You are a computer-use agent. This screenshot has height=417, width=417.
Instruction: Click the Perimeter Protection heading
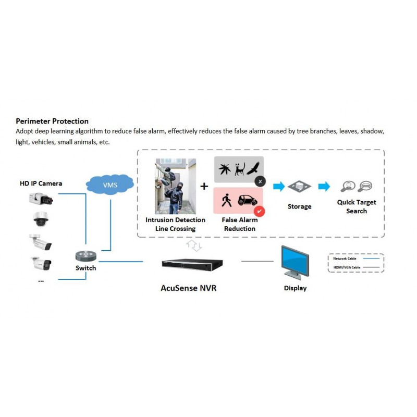(52, 121)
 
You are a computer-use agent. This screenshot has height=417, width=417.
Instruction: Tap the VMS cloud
(109, 186)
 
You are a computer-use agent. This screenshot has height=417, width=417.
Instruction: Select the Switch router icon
(85, 256)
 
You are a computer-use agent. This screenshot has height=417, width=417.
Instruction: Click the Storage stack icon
(299, 187)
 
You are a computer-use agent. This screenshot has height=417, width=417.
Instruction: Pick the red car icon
(248, 200)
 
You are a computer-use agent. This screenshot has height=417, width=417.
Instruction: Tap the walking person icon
(226, 200)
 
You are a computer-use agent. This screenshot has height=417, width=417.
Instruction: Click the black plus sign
(204, 186)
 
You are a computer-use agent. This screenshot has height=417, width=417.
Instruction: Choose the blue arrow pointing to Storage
(279, 186)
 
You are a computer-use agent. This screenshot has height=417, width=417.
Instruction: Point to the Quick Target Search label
(357, 206)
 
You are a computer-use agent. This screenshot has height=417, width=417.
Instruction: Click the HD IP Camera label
(41, 183)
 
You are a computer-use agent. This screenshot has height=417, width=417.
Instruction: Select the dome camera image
(40, 219)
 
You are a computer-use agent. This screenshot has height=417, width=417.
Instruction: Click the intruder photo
(175, 187)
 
